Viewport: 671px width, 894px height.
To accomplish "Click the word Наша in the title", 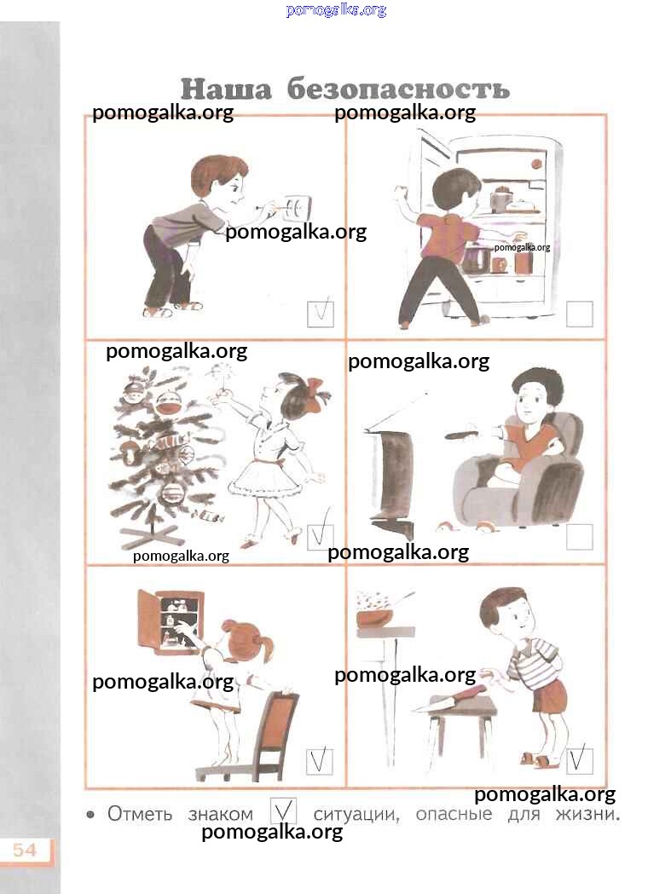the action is coord(226,89).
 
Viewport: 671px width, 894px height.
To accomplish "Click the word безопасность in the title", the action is coord(397,89).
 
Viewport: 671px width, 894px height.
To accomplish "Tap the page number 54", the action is coord(25,850).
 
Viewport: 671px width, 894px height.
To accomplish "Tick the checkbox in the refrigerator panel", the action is coord(579,314).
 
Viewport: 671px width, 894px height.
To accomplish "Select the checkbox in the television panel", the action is coord(579,537).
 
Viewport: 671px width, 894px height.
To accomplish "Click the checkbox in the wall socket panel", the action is coord(320,314).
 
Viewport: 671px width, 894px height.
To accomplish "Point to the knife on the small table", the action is coord(448,700).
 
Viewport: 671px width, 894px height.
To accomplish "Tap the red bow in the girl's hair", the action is coord(317,389).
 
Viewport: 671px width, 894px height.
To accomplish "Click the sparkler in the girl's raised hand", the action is coord(218,381).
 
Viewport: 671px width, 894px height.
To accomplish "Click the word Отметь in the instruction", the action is coord(140,814).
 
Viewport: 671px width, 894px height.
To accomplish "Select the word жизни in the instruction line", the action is coord(587,814).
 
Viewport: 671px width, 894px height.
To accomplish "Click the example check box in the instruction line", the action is coord(283,810).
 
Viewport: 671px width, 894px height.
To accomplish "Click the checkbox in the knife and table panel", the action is coord(579,760).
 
